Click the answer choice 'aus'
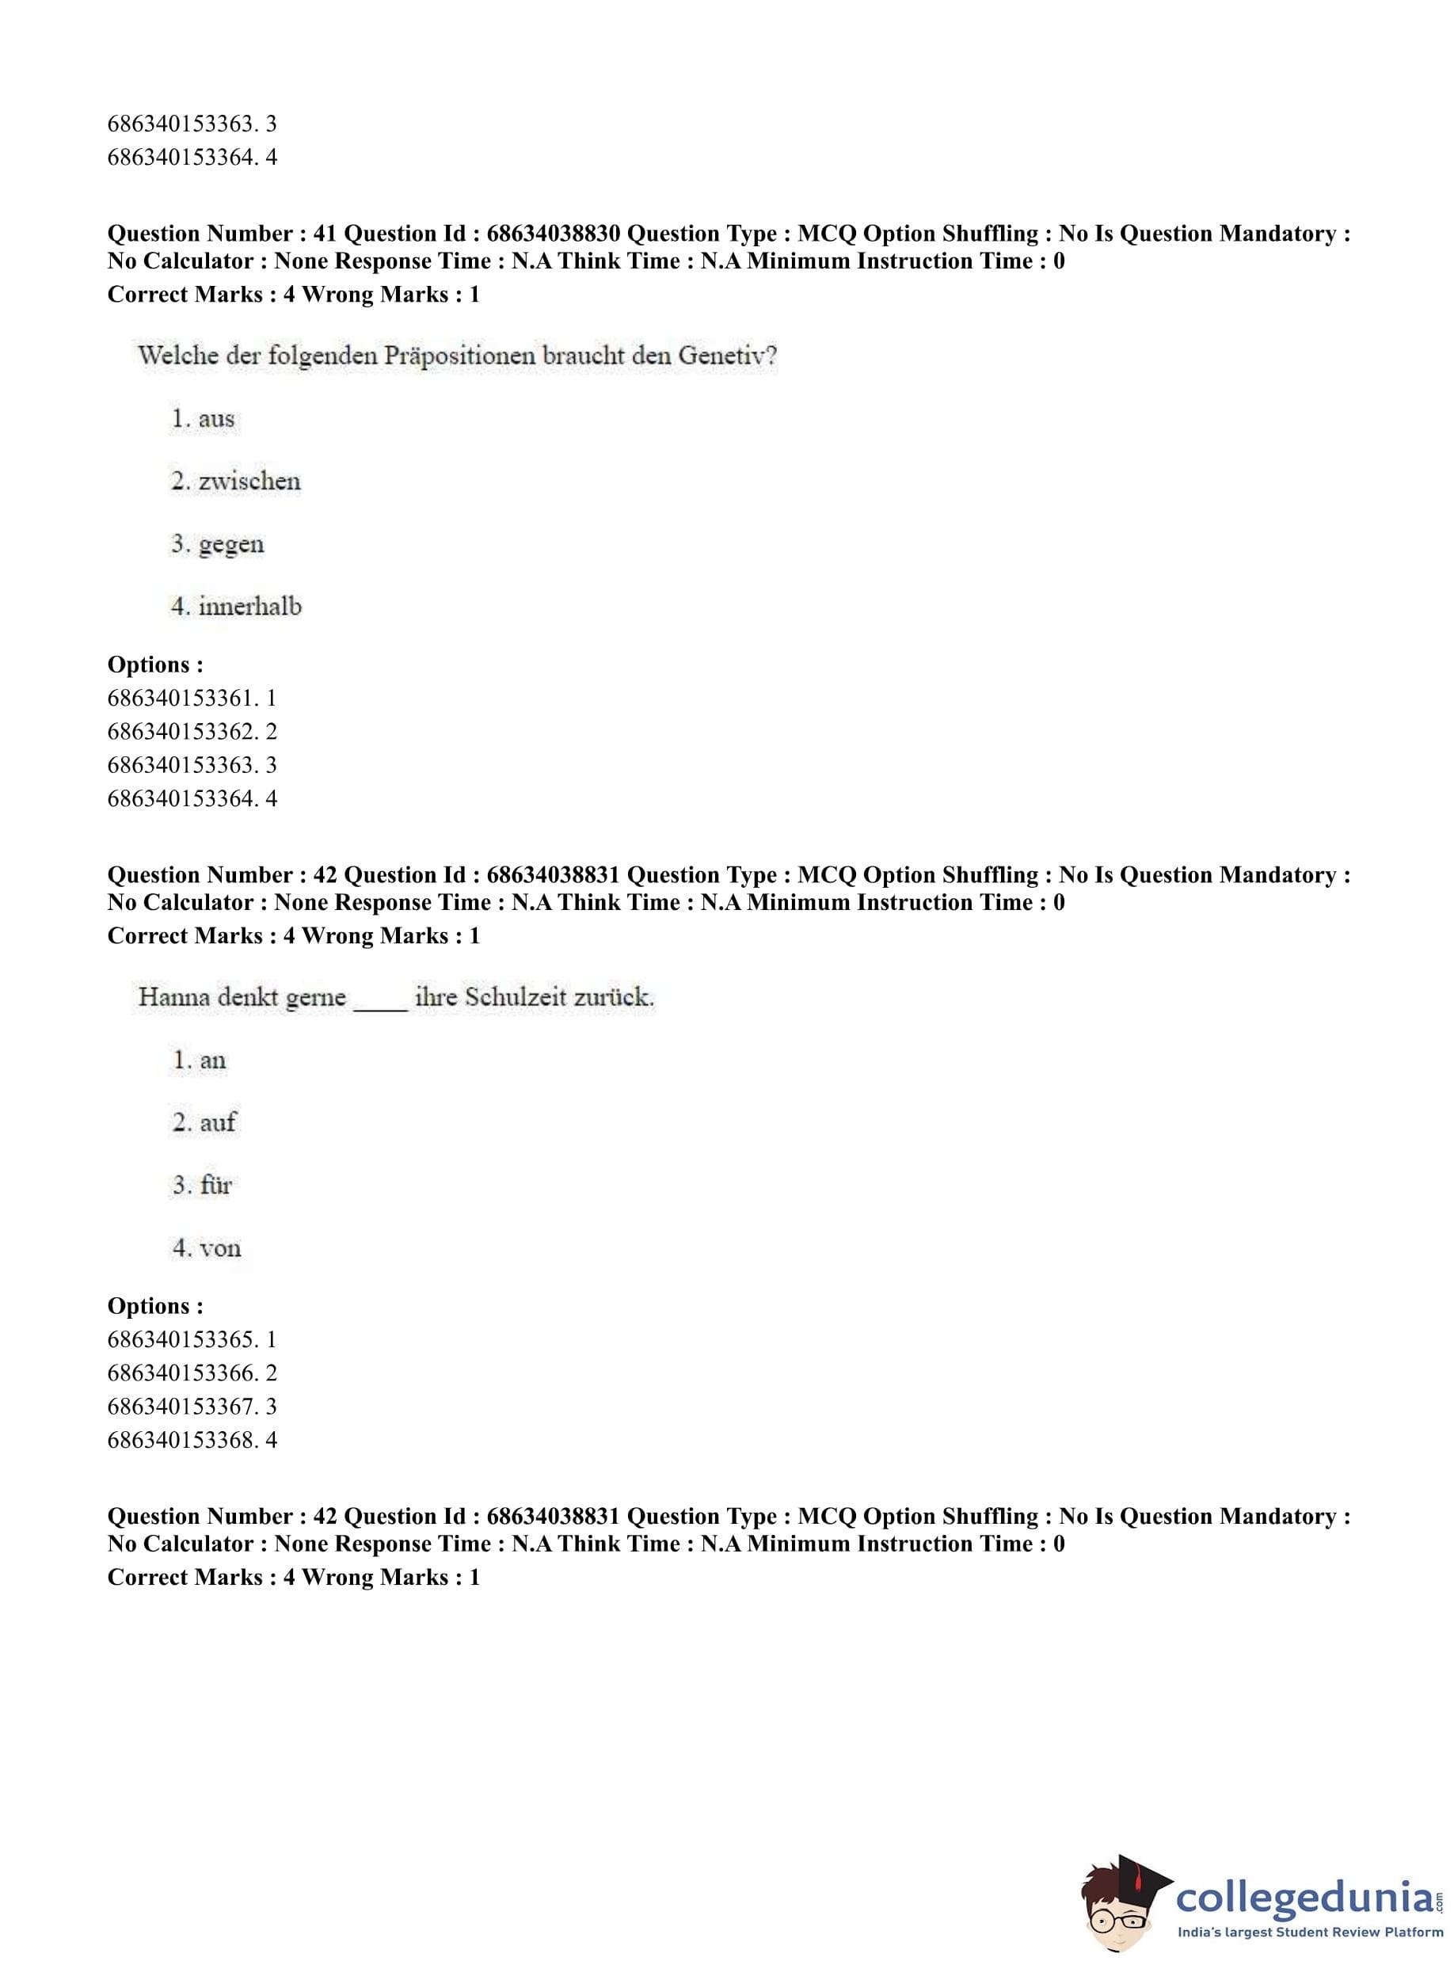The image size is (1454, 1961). [x=215, y=419]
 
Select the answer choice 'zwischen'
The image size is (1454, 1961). [x=249, y=482]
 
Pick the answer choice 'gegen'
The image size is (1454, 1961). [x=230, y=545]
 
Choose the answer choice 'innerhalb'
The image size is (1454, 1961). [x=250, y=607]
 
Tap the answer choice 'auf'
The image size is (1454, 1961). [x=218, y=1122]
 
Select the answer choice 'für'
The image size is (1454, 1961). [x=215, y=1185]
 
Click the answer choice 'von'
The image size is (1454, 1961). [x=219, y=1248]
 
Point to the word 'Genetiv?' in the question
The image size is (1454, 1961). [x=727, y=356]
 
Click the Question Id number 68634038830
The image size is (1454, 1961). [x=553, y=234]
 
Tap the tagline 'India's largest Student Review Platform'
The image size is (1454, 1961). [x=1310, y=1932]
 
